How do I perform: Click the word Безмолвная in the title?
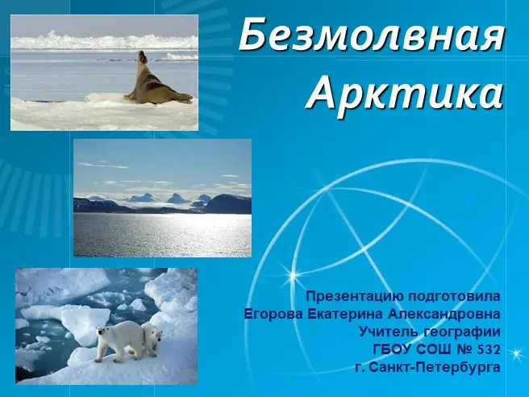click(371, 35)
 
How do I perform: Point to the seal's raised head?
click(143, 56)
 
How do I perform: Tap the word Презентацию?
click(356, 297)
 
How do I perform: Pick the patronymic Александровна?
click(444, 315)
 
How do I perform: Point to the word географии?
click(461, 332)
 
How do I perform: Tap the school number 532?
click(489, 349)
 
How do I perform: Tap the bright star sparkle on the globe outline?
click(293, 276)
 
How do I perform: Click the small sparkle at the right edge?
click(516, 353)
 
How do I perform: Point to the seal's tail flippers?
click(184, 98)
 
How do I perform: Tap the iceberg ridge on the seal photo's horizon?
click(104, 40)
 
